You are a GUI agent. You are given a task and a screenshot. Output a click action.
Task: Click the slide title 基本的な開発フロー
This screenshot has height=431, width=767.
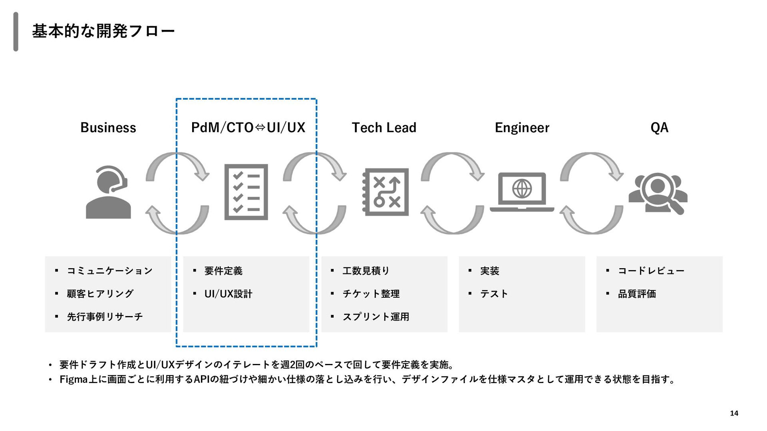(x=103, y=31)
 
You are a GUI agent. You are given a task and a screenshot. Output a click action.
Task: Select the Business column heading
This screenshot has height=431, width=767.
(x=108, y=128)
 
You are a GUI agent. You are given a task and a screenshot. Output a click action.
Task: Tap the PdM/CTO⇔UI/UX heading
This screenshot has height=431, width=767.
(x=248, y=128)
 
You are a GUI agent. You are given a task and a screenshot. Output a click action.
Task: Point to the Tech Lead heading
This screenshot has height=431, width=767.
(x=384, y=128)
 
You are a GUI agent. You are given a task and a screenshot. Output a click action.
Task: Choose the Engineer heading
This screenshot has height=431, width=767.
(x=522, y=128)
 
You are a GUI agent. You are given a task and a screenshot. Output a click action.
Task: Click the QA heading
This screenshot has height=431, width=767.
(x=659, y=128)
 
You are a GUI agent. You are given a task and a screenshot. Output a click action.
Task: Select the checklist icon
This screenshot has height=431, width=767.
(x=246, y=192)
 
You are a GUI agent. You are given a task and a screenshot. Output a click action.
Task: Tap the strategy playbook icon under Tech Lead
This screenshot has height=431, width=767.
(x=385, y=192)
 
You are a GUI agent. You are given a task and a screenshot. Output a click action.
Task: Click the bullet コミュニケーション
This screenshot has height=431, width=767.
(x=109, y=271)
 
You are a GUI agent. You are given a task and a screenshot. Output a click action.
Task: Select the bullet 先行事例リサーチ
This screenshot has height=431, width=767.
(x=105, y=317)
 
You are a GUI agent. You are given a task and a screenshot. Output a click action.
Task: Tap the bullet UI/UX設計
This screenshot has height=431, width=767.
(x=228, y=294)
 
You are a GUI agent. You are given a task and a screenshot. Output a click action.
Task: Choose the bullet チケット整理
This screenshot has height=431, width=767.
(x=371, y=294)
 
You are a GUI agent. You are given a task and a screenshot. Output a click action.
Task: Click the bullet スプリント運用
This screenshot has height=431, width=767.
(x=376, y=317)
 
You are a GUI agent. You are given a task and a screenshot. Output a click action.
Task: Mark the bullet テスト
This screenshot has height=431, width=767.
(x=494, y=294)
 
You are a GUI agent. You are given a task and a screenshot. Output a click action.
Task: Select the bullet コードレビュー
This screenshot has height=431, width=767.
(x=651, y=271)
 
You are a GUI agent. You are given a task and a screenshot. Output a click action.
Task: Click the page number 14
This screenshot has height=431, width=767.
(x=734, y=413)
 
